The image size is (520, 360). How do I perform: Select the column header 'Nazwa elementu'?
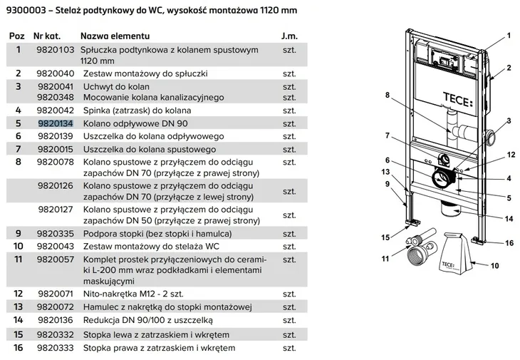115,35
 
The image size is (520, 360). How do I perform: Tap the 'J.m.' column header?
289,35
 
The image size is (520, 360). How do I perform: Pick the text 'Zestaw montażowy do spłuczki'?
145,73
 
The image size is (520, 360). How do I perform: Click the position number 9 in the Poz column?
19,232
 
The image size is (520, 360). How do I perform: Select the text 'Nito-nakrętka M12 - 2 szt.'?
134,293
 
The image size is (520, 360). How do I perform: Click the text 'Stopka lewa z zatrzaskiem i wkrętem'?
156,334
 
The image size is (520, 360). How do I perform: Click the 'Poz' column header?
16,35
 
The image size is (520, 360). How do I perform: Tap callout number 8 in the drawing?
388,95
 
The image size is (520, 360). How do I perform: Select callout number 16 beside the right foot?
509,242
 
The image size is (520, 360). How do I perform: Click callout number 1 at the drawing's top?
509,35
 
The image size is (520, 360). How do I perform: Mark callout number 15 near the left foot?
385,237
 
